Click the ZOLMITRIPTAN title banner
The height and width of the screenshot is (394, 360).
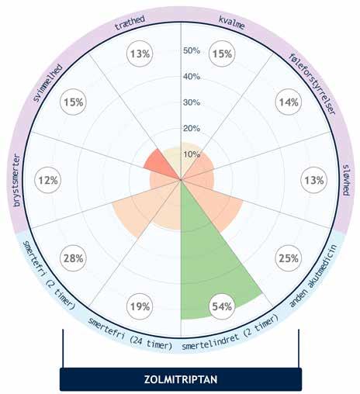point(181,379)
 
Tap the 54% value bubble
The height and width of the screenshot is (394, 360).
point(222,306)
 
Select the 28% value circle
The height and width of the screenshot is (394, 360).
point(73,258)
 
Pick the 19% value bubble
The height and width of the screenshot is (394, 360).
point(140,306)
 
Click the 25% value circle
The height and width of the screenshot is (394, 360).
point(289,258)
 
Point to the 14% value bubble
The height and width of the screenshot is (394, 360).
point(289,102)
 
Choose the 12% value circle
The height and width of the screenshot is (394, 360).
point(48,180)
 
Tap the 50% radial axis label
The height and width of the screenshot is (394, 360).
point(192,50)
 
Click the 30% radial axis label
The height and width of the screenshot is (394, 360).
point(192,102)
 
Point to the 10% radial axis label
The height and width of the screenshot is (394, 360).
point(192,154)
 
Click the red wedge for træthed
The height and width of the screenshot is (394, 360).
point(163,164)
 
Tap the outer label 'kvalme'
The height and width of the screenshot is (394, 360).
point(232,22)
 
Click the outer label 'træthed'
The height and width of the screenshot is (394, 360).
point(130,22)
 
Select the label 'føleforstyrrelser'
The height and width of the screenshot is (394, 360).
point(313,84)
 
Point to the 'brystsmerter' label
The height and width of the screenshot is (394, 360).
point(17,180)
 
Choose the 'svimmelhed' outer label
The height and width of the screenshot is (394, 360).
point(48,83)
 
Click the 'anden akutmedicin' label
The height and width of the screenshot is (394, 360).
point(313,275)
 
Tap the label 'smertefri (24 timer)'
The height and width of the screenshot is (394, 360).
point(130,334)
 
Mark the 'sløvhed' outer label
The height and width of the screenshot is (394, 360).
point(346,180)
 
